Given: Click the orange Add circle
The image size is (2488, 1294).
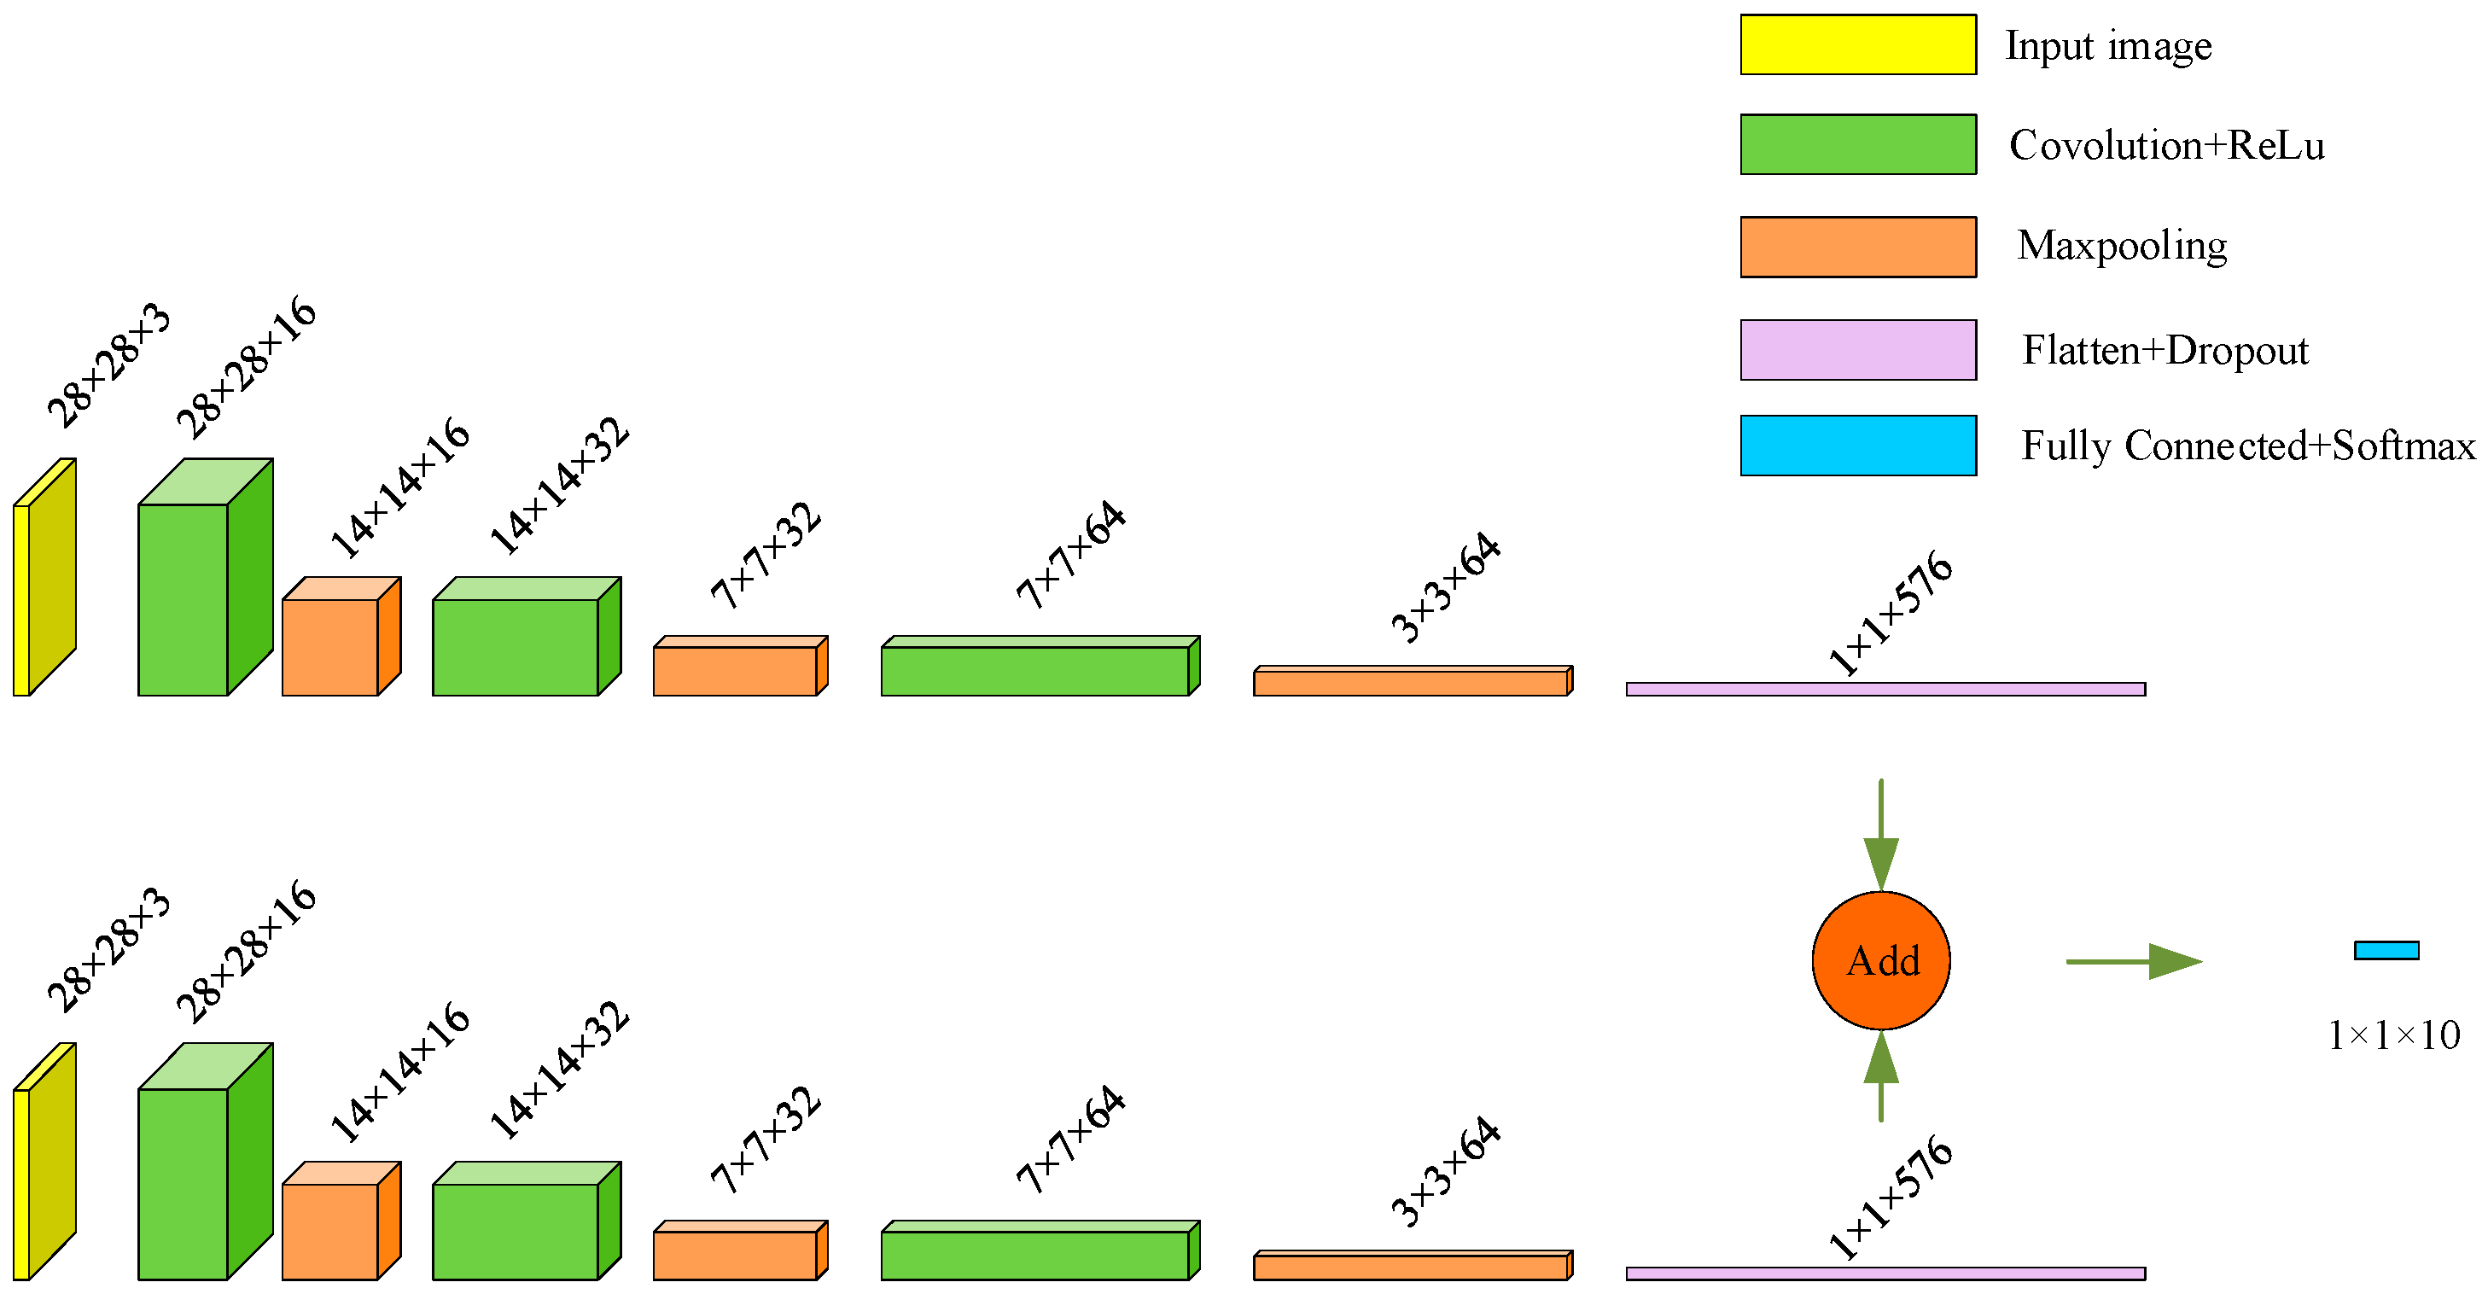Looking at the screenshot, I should click(x=1880, y=961).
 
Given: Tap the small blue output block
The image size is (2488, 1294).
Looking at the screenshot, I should click(x=2386, y=950).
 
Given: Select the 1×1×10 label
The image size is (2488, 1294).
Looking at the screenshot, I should click(x=2393, y=1035).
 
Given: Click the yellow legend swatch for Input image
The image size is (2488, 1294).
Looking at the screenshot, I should click(x=1857, y=44).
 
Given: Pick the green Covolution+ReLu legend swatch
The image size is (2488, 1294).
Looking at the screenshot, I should click(x=1857, y=145).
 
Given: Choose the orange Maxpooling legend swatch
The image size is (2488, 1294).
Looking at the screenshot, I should click(x=1857, y=248).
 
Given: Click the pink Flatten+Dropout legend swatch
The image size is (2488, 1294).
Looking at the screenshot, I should click(x=1857, y=350).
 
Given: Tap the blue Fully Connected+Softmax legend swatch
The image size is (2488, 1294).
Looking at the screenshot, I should click(x=1857, y=446).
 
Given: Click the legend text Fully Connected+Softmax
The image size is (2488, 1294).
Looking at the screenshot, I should click(x=2248, y=446).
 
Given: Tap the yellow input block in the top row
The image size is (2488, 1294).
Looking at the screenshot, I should click(x=44, y=580).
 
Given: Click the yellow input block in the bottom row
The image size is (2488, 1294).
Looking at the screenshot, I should click(x=44, y=1163).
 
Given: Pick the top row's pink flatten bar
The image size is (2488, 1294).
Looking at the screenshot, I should click(x=1885, y=690).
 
